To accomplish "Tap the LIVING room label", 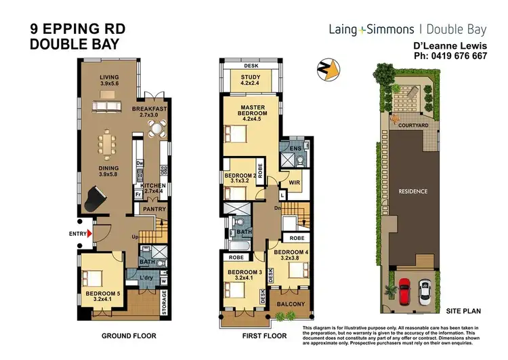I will tap(108, 81).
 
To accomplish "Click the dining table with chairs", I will tap(109, 144).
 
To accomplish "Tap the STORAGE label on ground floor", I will tap(164, 303).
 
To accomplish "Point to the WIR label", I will tap(295, 182).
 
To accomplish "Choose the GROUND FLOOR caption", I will tap(129, 336).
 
